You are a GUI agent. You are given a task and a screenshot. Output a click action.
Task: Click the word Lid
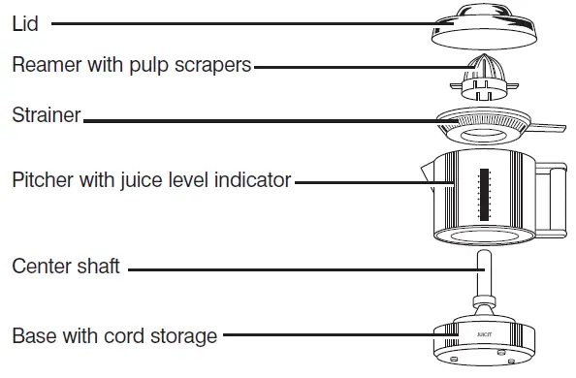25,23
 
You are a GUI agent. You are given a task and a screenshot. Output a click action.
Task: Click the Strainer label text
46,117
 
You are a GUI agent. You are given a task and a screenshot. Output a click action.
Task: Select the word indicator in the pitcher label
254,180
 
